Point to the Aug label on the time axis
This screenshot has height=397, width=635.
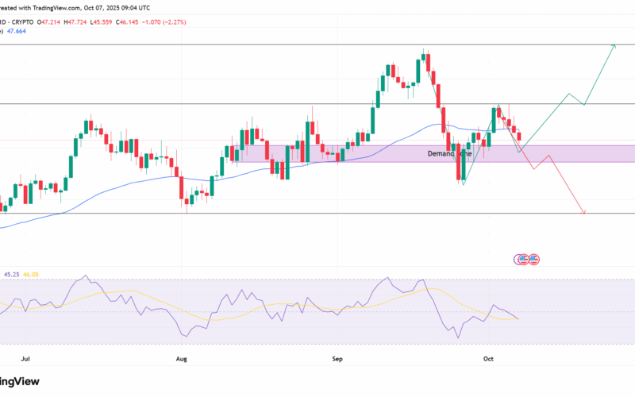click(x=181, y=359)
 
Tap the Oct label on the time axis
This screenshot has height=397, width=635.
click(x=488, y=359)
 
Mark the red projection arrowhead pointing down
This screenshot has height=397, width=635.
click(x=584, y=212)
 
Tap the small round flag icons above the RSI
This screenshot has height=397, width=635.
click(x=528, y=259)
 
